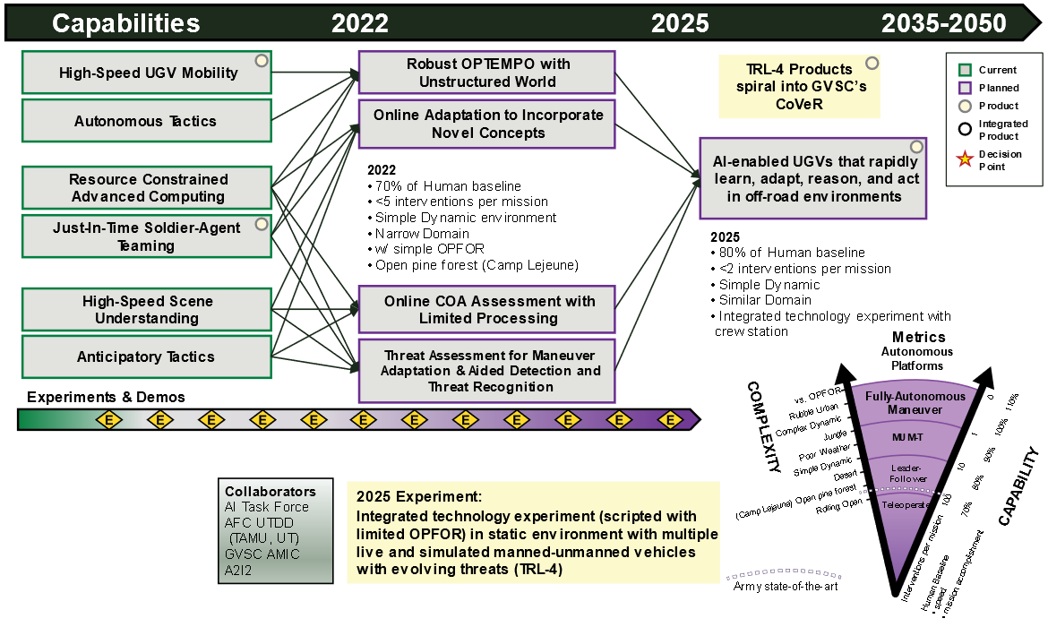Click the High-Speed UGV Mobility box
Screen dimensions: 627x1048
(x=146, y=73)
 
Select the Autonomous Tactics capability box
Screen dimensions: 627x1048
(x=146, y=121)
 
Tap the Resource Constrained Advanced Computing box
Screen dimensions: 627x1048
(x=146, y=188)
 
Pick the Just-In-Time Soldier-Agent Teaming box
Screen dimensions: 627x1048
(x=146, y=236)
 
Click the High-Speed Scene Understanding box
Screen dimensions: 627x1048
(x=146, y=309)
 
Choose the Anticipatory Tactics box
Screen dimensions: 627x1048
(x=146, y=356)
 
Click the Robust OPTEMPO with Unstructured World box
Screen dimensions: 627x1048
(x=487, y=73)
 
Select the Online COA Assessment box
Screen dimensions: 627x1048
(x=487, y=309)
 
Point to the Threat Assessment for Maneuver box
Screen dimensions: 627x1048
(x=487, y=371)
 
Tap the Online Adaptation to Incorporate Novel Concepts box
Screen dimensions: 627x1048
(x=487, y=125)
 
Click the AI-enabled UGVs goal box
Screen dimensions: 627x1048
(x=813, y=178)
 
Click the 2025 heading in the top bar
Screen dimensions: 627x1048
(x=680, y=23)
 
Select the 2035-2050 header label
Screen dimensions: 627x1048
(x=943, y=23)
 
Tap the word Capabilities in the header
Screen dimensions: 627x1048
(x=126, y=23)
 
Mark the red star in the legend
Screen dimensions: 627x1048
(x=965, y=160)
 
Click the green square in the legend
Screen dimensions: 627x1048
(x=965, y=70)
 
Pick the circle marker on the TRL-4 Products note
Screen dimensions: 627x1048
(x=872, y=64)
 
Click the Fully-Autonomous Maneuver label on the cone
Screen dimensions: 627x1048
(x=915, y=402)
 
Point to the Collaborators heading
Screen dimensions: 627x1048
(x=270, y=492)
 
